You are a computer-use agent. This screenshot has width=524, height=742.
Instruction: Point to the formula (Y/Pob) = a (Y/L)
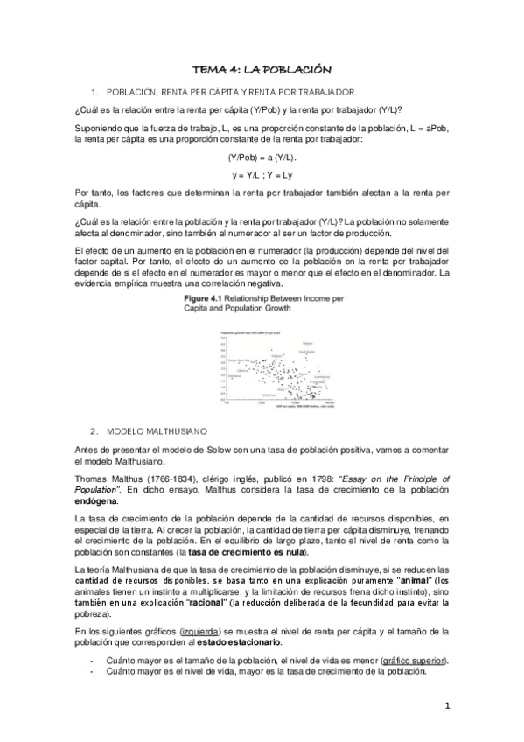click(262, 157)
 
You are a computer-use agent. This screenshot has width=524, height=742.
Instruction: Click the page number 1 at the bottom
click(446, 707)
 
